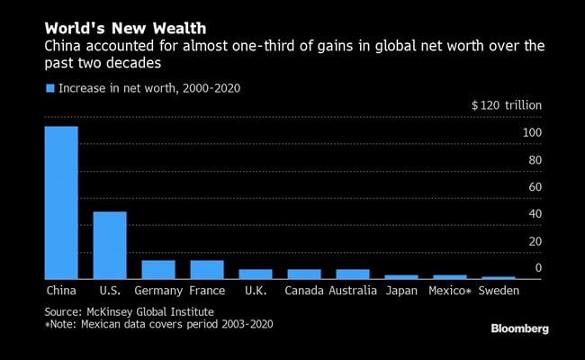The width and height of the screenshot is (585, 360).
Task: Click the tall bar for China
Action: [x=61, y=202]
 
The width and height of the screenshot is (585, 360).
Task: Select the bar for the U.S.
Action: [x=110, y=245]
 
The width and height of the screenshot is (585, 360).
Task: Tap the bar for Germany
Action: [x=158, y=269]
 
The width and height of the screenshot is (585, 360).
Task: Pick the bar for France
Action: [x=207, y=269]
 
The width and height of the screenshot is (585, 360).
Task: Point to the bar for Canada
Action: [x=304, y=274]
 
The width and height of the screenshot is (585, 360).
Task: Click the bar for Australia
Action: [x=353, y=274]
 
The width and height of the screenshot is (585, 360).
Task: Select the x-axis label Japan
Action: [x=400, y=292]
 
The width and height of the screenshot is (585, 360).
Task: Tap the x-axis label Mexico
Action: [x=449, y=292]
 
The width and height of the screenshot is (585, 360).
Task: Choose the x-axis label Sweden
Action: [x=498, y=292]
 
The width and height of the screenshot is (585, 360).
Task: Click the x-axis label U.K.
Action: [x=256, y=292]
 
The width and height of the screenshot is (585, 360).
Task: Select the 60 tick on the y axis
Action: [x=534, y=187]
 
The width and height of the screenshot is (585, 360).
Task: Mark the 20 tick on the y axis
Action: [x=534, y=241]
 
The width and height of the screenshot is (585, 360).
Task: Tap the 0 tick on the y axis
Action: [x=537, y=268]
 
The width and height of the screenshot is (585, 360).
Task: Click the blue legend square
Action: [x=49, y=88]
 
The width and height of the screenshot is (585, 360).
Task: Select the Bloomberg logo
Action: [x=519, y=329]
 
